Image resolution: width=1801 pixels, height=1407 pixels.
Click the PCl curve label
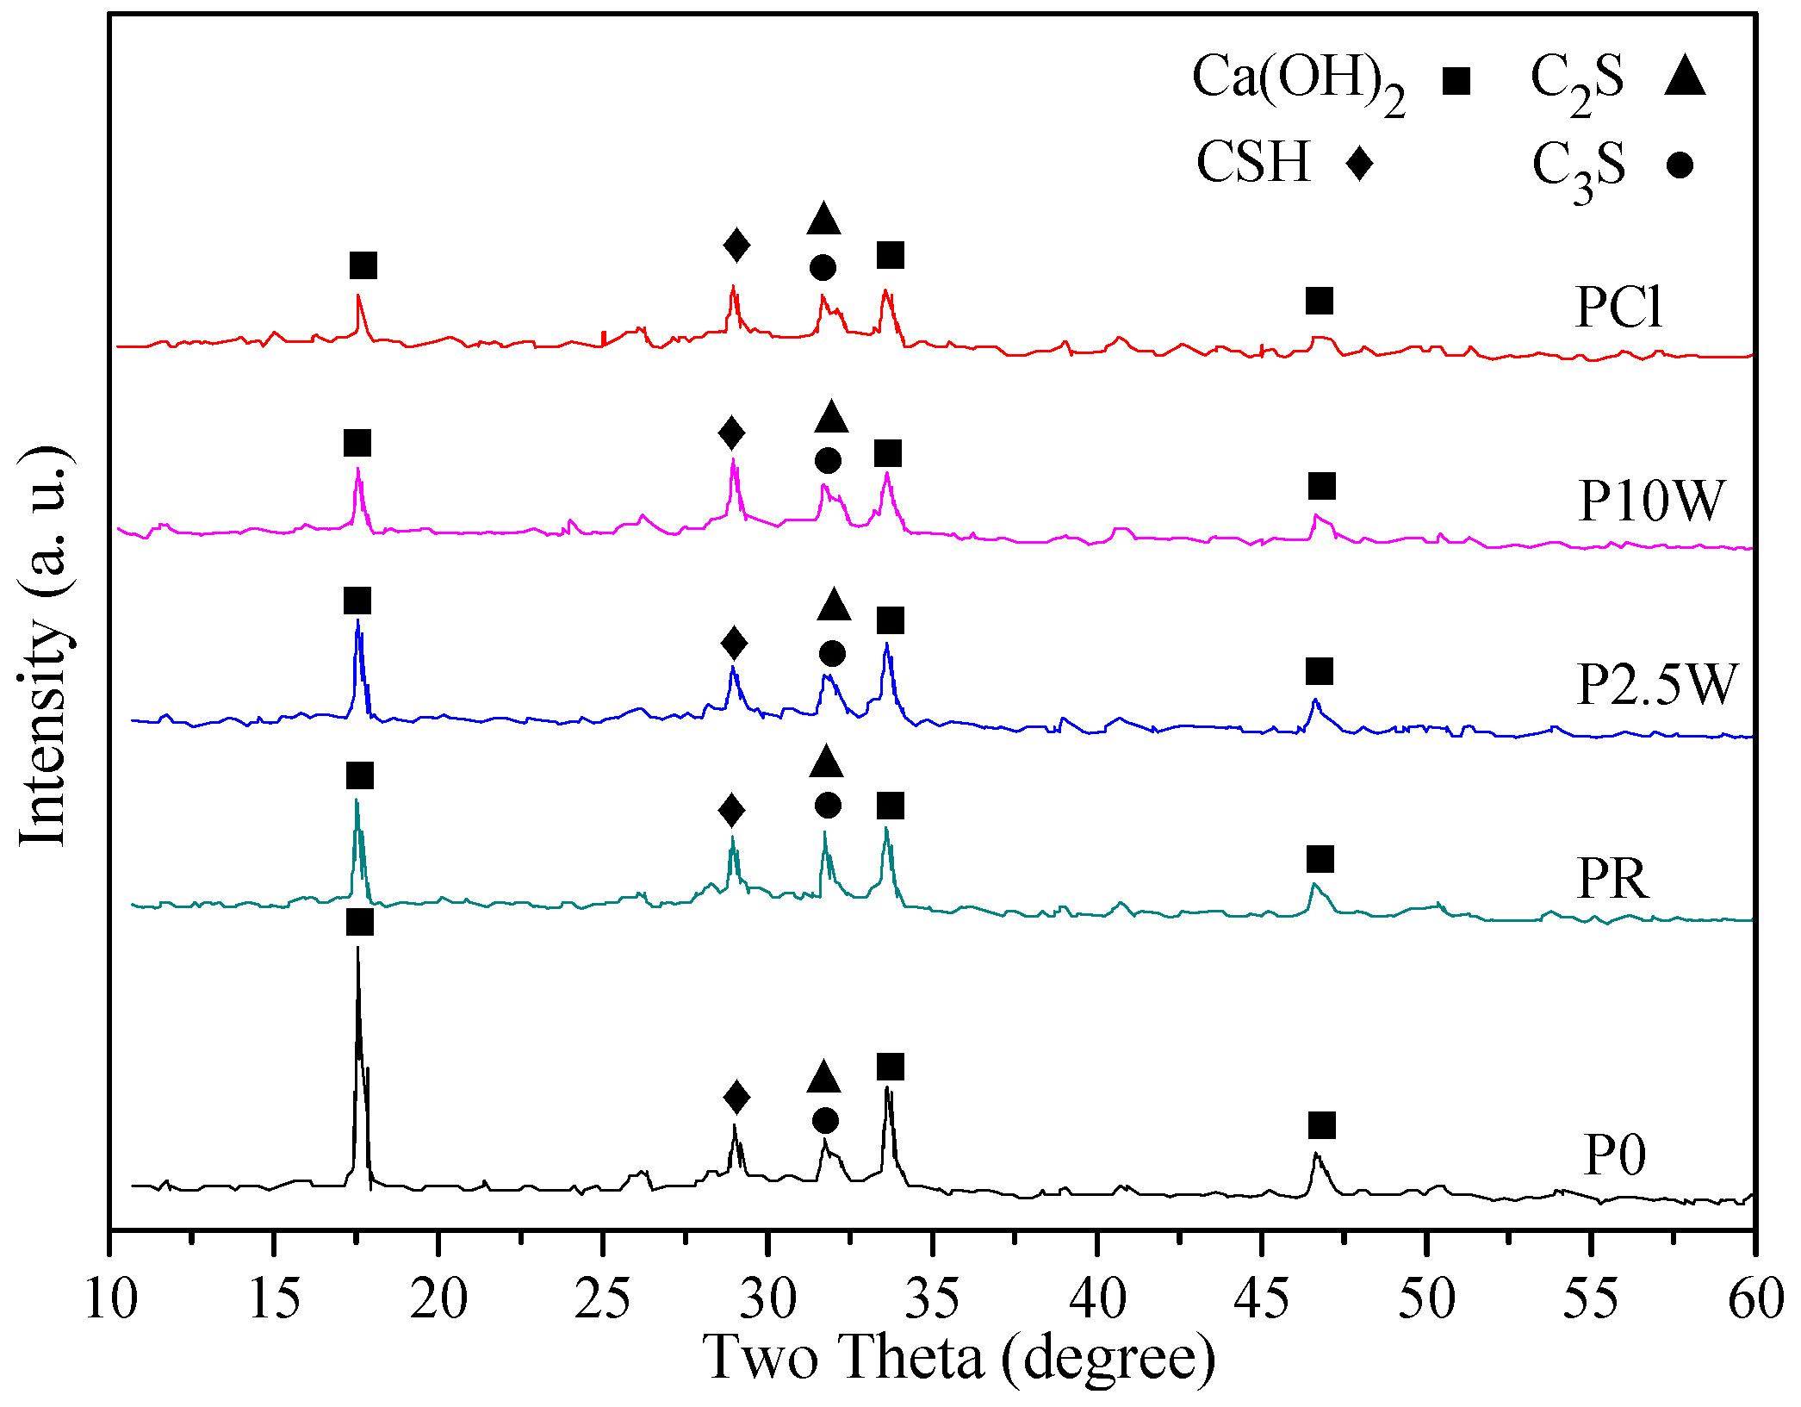[1618, 307]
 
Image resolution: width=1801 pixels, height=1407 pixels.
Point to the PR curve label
[1612, 879]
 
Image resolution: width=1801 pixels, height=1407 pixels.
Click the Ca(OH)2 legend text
[1299, 80]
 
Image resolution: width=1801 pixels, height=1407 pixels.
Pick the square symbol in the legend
[1456, 81]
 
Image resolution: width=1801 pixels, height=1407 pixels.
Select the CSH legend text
[1253, 162]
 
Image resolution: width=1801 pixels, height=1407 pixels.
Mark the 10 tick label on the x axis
[110, 1299]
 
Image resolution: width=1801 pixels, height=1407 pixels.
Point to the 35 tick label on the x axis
[932, 1299]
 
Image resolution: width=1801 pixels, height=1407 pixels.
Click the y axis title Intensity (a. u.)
[43, 646]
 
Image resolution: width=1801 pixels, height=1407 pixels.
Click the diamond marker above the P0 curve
[736, 1098]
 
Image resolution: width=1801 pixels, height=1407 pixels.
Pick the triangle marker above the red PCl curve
[823, 220]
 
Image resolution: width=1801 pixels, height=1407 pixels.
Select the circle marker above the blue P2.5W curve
[832, 653]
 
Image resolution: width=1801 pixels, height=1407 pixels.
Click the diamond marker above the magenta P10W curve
[731, 433]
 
